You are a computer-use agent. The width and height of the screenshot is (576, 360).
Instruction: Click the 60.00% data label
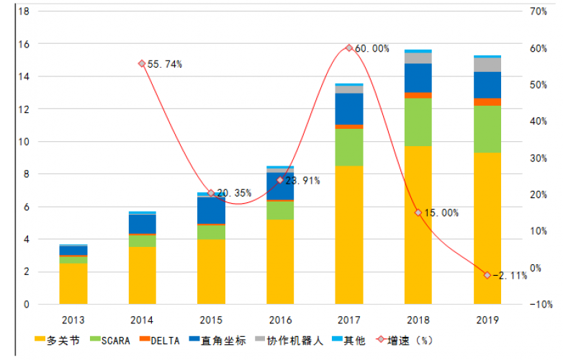[x=372, y=49]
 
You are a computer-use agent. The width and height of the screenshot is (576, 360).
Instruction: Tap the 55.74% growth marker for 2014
[x=141, y=63]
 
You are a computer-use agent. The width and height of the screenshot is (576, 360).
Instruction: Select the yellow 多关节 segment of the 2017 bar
[x=349, y=235]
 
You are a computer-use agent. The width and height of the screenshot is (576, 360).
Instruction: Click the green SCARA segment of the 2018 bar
[x=418, y=122]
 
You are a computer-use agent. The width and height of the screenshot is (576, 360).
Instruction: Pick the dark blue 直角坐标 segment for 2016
[x=280, y=186]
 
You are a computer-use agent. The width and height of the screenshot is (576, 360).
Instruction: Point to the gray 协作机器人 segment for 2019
[x=487, y=64]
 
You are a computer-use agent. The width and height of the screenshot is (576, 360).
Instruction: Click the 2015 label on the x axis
[x=211, y=319]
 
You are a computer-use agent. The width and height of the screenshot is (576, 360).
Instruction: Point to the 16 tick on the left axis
[x=24, y=44]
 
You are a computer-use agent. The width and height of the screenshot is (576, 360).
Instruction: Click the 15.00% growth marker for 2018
[x=418, y=212]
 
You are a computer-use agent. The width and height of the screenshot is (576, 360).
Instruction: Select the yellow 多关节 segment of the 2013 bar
[x=73, y=284]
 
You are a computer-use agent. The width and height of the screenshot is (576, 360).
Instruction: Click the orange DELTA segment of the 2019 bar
[x=487, y=102]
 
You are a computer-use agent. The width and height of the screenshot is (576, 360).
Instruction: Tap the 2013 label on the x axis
[x=73, y=319]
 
